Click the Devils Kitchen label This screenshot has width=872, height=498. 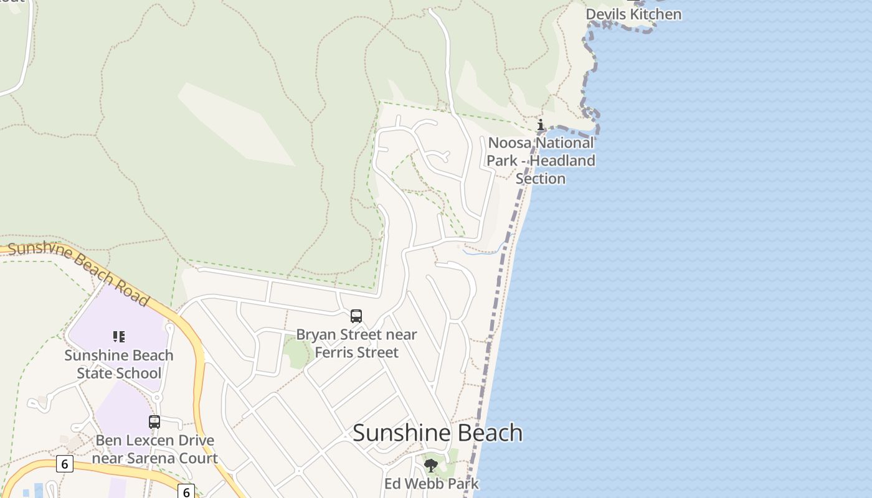click(x=633, y=14)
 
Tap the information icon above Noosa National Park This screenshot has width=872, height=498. click(x=540, y=125)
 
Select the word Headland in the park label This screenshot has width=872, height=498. click(x=564, y=161)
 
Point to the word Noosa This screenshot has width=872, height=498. click(x=510, y=143)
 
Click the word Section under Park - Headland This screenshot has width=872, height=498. click(x=540, y=179)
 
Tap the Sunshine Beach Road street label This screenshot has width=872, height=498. click(x=78, y=273)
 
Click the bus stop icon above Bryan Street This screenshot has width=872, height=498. click(x=356, y=316)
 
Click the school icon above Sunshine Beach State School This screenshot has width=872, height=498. click(x=118, y=337)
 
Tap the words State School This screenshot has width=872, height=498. click(x=118, y=374)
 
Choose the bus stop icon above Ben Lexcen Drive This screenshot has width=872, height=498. click(x=154, y=422)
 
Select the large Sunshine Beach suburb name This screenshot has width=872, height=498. click(x=437, y=433)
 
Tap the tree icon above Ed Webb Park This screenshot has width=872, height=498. click(x=430, y=465)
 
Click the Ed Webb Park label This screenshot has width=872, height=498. click(x=431, y=484)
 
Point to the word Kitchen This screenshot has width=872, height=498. click(x=657, y=14)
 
